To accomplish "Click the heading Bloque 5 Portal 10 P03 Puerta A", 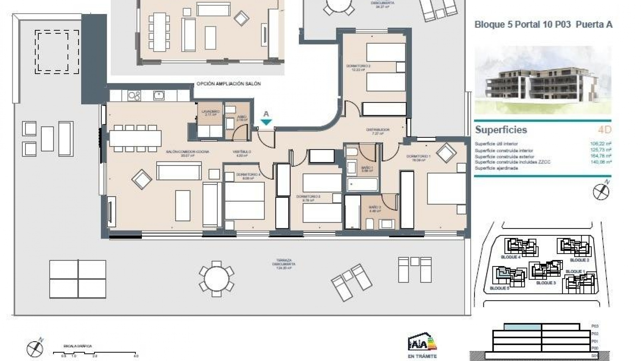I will pyautogui.click(x=543, y=25).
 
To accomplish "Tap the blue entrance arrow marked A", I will pyautogui.click(x=266, y=122).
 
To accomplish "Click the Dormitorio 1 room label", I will pyautogui.click(x=418, y=156).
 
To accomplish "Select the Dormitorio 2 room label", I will pyautogui.click(x=358, y=66).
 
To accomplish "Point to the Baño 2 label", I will pyautogui.click(x=375, y=207).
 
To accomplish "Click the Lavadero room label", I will pyautogui.click(x=210, y=112).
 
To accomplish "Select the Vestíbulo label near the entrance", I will pyautogui.click(x=242, y=152).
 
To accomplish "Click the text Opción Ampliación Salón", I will pyautogui.click(x=228, y=84).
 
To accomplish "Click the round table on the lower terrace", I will pyautogui.click(x=216, y=279).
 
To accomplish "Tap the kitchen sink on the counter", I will pyautogui.click(x=159, y=96).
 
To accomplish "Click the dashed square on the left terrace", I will pyautogui.click(x=57, y=52).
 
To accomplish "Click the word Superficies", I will pyautogui.click(x=501, y=130).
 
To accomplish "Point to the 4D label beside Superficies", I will pyautogui.click(x=604, y=130).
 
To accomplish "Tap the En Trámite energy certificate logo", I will pyautogui.click(x=422, y=344).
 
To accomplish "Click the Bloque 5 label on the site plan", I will pyautogui.click(x=499, y=288).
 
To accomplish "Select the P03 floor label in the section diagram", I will pyautogui.click(x=595, y=326).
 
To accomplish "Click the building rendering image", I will pyautogui.click(x=543, y=80).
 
